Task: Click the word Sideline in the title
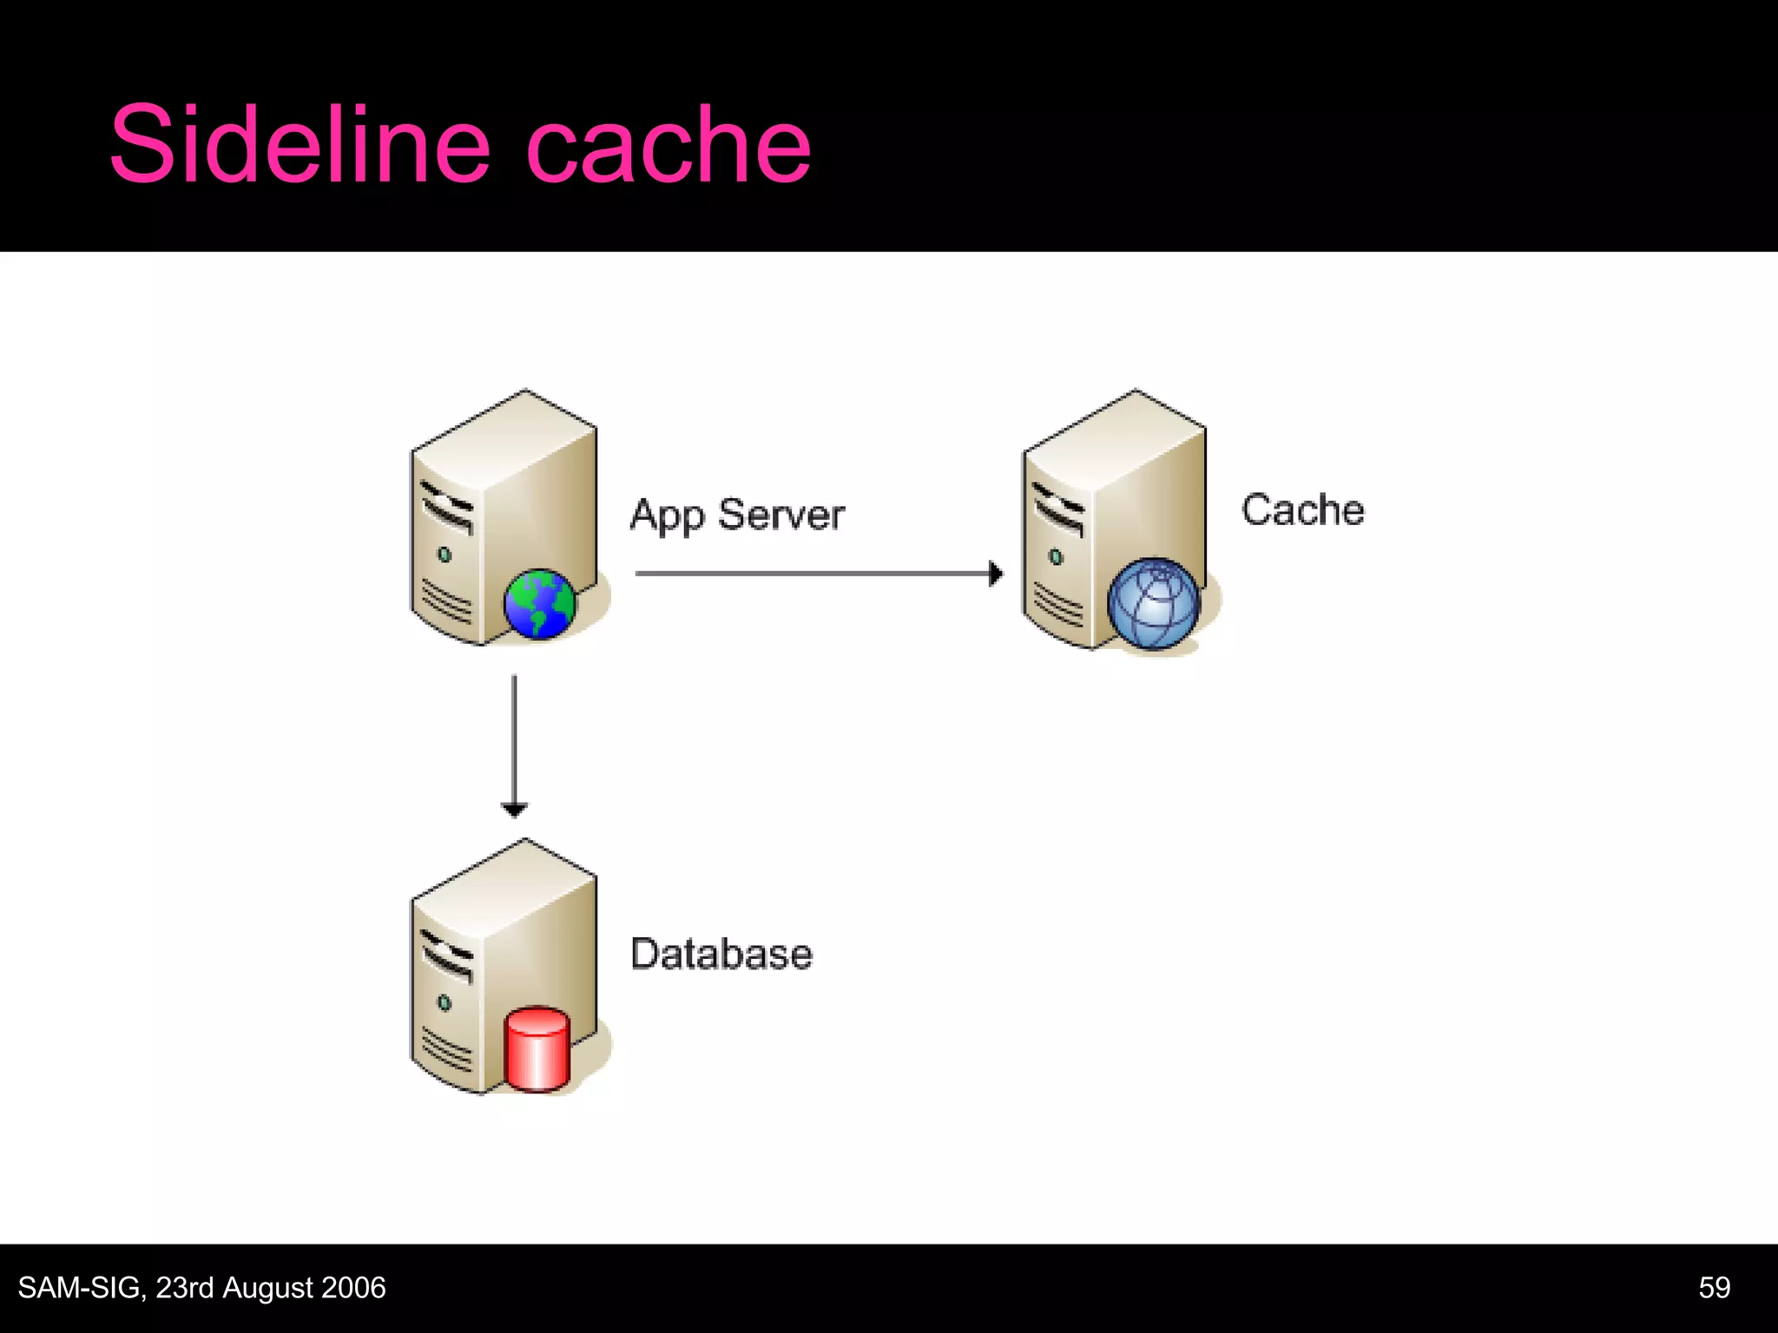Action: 300,144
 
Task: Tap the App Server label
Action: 737,515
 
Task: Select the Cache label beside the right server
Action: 1302,510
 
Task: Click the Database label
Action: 721,954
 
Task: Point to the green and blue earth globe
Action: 539,604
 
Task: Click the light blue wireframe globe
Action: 1154,604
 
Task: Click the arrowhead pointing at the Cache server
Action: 996,574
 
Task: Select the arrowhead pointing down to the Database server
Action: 514,811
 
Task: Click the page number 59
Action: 1714,1288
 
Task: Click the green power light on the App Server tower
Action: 444,555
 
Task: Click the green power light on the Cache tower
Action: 1056,556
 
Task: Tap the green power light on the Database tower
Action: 444,1003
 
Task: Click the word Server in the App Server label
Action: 781,515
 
